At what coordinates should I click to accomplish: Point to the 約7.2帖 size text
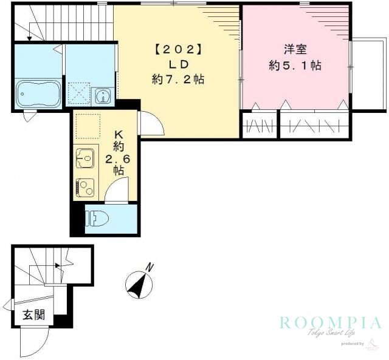click(177, 78)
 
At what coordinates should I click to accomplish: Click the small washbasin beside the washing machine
click(102, 95)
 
